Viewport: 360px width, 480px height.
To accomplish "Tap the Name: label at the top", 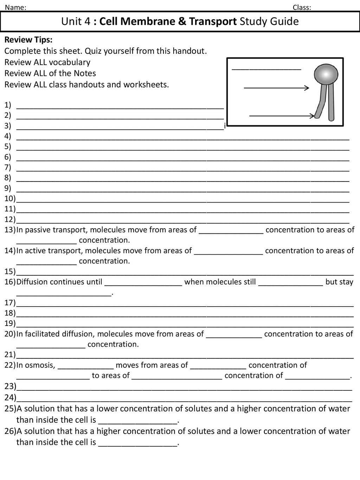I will tap(15, 7).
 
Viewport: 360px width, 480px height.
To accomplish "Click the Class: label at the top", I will tap(302, 7).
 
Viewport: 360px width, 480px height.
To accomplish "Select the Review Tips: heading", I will tap(28, 40).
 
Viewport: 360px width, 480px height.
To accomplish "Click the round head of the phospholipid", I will tap(326, 75).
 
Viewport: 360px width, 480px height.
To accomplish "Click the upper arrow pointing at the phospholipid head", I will tap(276, 88).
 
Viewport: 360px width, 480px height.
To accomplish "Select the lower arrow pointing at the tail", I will tap(282, 115).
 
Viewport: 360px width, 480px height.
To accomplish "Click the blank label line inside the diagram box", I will tap(266, 69).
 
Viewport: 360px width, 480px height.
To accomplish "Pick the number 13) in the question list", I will tap(10, 230).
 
